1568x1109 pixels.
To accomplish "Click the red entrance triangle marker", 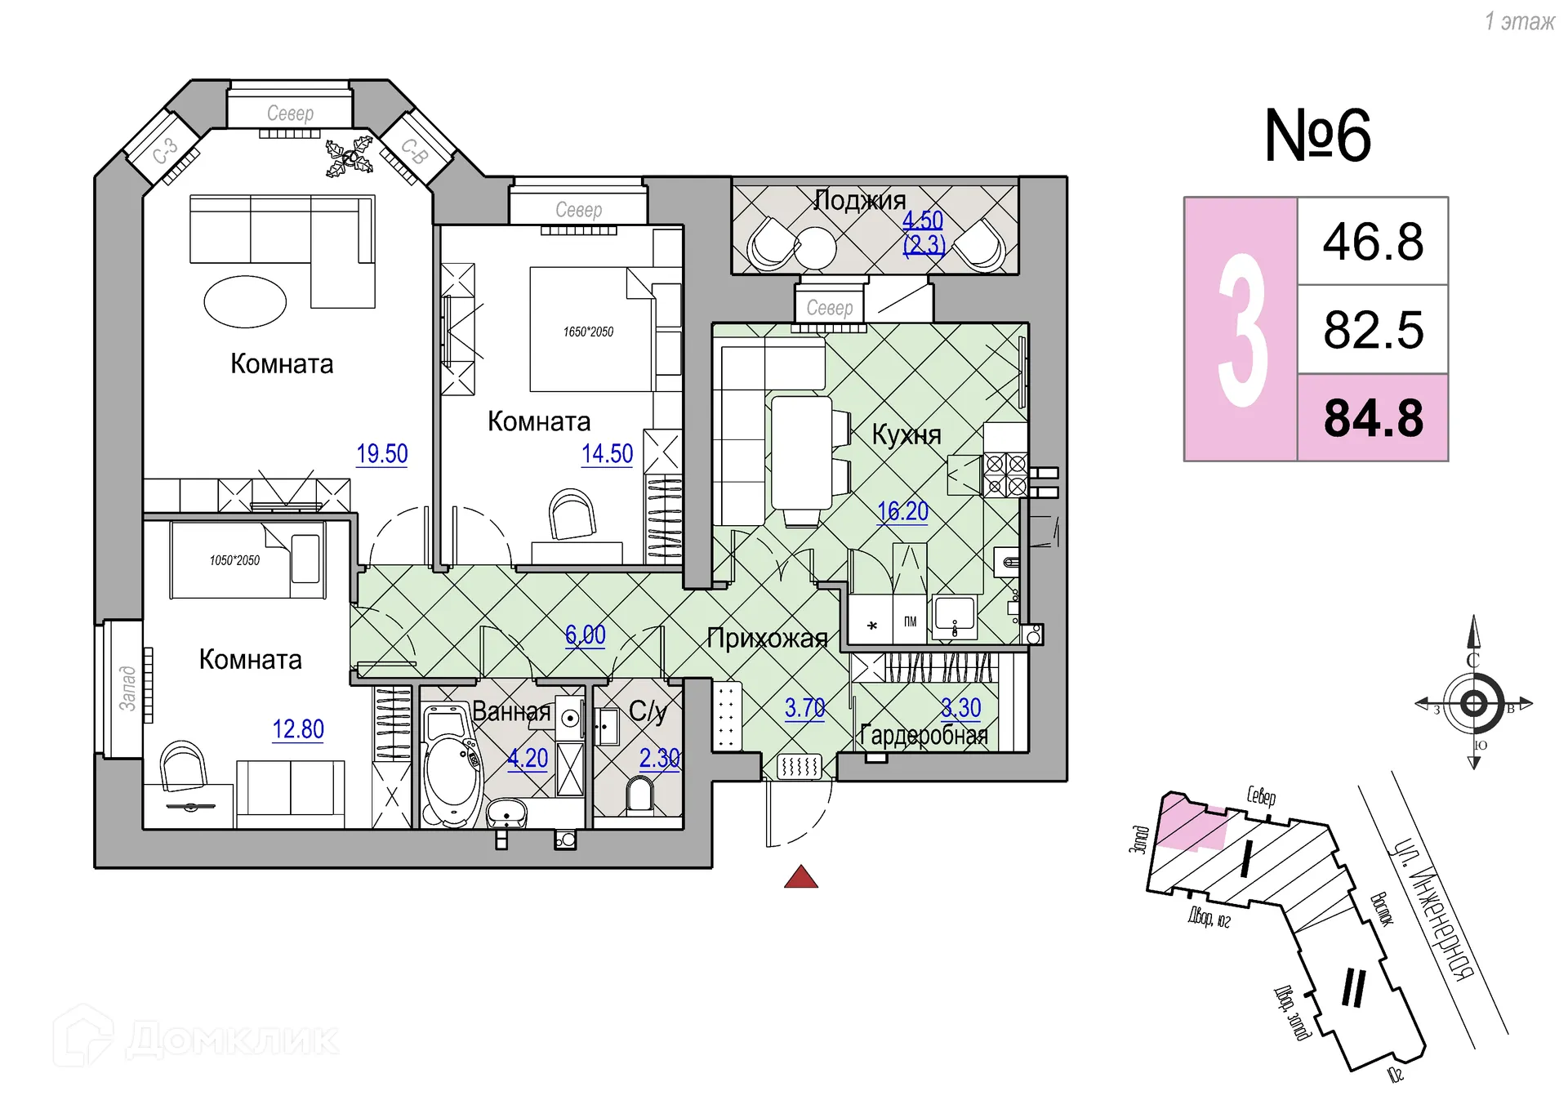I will (x=800, y=878).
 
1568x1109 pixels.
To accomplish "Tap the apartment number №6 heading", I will (x=1317, y=136).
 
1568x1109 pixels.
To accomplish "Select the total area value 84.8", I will (x=1373, y=418).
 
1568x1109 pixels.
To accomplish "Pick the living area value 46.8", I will (x=1373, y=242).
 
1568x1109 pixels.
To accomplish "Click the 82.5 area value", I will (x=1373, y=330).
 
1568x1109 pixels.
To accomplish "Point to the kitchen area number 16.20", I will (x=902, y=512).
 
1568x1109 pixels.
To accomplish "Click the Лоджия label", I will (x=860, y=200).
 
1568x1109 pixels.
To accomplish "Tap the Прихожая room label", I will (x=767, y=639).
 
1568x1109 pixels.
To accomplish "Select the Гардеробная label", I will (x=924, y=736).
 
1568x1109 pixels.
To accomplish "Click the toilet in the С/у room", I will (x=639, y=795).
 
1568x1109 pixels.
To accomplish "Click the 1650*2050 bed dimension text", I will (x=588, y=332).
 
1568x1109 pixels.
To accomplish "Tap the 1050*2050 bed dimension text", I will (x=234, y=560).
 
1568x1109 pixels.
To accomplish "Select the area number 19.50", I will (x=382, y=454).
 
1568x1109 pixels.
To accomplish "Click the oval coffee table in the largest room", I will (x=245, y=301).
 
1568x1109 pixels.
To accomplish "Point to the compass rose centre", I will (x=1474, y=703).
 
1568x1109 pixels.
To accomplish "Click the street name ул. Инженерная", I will (x=1433, y=910).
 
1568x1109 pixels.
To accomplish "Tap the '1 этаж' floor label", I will (x=1519, y=22).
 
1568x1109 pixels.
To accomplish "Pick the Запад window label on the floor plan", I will (x=127, y=688).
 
